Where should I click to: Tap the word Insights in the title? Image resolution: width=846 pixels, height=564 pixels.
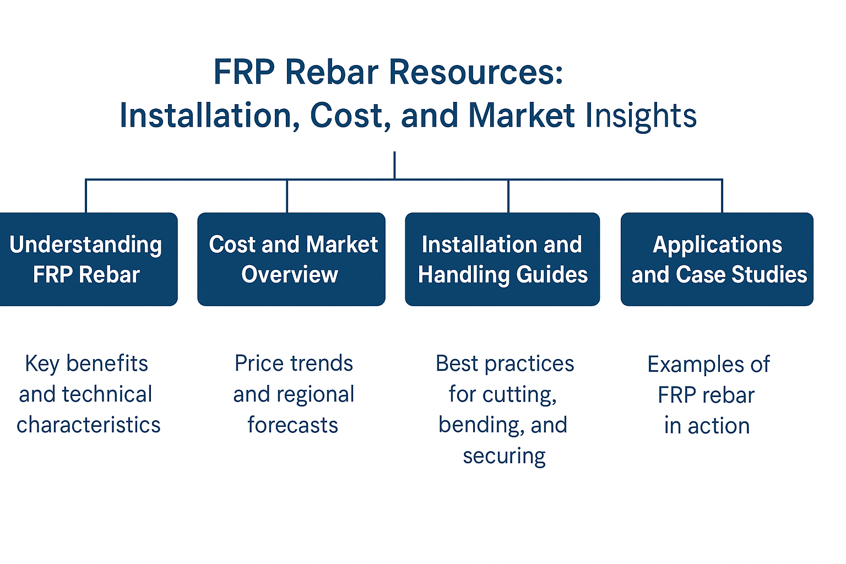641,116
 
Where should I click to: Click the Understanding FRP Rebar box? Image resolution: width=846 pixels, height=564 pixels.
88,259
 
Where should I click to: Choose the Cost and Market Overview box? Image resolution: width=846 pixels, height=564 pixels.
291,259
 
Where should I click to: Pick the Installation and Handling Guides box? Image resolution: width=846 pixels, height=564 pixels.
502,259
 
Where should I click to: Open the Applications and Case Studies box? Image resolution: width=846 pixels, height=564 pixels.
717,259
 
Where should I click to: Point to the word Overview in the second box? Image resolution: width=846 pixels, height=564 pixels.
290,274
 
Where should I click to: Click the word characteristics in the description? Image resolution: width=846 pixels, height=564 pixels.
88,425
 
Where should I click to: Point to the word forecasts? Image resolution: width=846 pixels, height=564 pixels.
292,425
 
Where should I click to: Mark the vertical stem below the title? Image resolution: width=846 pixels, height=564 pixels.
395,165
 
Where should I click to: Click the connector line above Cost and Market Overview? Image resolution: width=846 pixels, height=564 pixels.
287,196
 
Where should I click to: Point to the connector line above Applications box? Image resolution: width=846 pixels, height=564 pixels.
722,196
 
